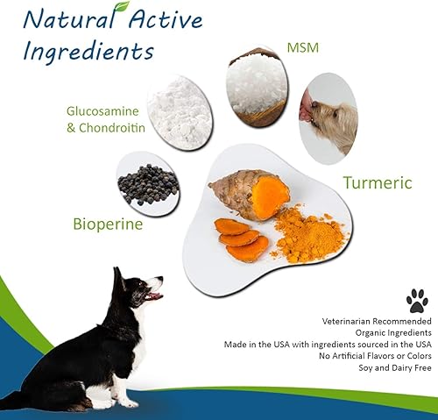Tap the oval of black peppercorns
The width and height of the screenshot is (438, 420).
coord(147,184)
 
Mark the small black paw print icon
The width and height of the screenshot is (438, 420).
coord(417,302)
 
